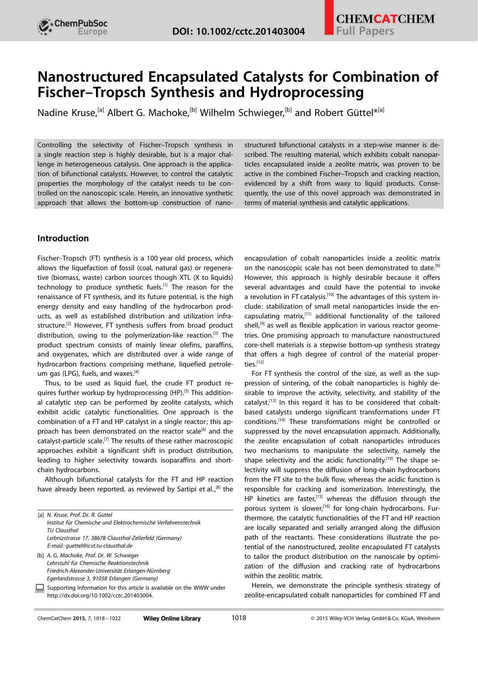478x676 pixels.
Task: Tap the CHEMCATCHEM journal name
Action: (x=385, y=19)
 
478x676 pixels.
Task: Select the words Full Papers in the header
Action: (x=365, y=31)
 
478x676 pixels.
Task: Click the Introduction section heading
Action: (x=63, y=238)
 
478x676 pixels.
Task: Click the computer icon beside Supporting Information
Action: (x=39, y=588)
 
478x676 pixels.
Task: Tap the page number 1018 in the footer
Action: (x=238, y=618)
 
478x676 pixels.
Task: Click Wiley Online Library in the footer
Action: (x=172, y=619)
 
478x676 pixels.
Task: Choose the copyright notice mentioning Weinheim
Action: (x=375, y=619)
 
